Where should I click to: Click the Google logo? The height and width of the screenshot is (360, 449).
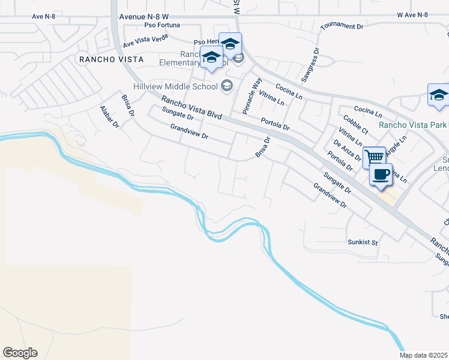tap(20, 353)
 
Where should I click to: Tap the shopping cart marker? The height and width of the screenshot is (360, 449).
tap(375, 157)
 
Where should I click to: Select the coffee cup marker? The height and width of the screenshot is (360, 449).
tap(381, 175)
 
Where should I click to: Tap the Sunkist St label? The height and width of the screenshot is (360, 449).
tap(363, 243)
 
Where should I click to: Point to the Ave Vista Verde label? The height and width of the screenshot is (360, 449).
tap(146, 40)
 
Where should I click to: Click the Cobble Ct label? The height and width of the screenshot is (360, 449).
tap(356, 126)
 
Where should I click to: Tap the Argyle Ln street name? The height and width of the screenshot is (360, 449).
tap(396, 146)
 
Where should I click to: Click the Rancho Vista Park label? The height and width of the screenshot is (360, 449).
tap(413, 125)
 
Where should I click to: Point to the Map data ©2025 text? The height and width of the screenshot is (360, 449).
tap(424, 355)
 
